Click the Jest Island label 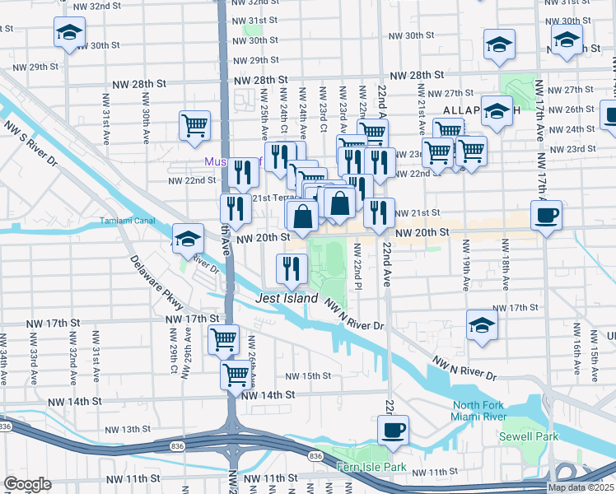pos(287,298)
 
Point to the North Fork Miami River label pos(488,411)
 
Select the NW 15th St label pos(307,376)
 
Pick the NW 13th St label pos(119,429)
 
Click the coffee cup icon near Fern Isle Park pos(394,429)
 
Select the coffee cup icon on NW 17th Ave pos(546,215)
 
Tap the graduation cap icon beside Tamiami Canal pos(189,238)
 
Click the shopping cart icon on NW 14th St pos(236,374)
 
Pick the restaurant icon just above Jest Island pos(291,266)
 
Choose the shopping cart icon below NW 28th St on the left pos(195,126)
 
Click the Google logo pos(27,484)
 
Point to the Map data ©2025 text pos(580,487)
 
